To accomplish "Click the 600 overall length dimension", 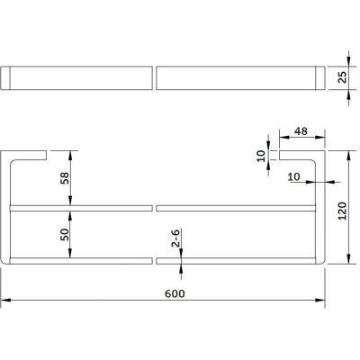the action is click(x=175, y=293).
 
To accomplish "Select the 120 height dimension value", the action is click(x=342, y=211).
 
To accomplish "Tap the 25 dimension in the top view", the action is click(x=342, y=77).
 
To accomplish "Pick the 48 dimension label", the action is click(x=301, y=131).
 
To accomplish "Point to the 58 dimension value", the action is click(x=65, y=178).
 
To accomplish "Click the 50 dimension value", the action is click(x=65, y=234).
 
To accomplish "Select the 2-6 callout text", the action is click(x=175, y=238).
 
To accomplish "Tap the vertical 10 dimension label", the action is click(x=261, y=156).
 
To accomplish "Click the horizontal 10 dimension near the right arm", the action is click(x=293, y=176).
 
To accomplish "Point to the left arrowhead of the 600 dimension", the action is click(x=6, y=300).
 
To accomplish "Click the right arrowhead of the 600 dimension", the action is click(x=319, y=300).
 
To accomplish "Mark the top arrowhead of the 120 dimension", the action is click(x=348, y=156).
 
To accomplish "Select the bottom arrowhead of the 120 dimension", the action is click(x=348, y=259).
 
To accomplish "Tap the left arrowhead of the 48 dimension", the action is click(x=284, y=137).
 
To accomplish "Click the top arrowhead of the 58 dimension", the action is click(x=70, y=156).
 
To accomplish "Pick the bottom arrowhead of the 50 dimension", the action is click(x=70, y=253).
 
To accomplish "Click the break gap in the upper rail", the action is click(x=154, y=208).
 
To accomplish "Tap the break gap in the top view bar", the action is click(x=154, y=78).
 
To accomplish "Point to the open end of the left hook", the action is click(x=46, y=156).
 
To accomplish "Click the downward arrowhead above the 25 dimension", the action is click(x=348, y=61).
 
